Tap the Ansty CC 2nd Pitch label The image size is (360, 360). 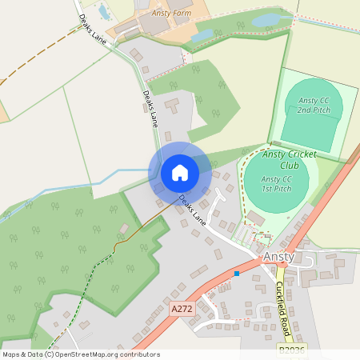[x=314, y=105]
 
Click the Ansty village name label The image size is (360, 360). [x=279, y=258]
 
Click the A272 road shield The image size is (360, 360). [x=182, y=307]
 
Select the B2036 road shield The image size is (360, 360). [x=292, y=350]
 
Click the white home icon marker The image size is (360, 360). [x=180, y=173]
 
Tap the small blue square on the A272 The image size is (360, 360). [x=237, y=274]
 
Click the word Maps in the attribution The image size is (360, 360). [x=12, y=354]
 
